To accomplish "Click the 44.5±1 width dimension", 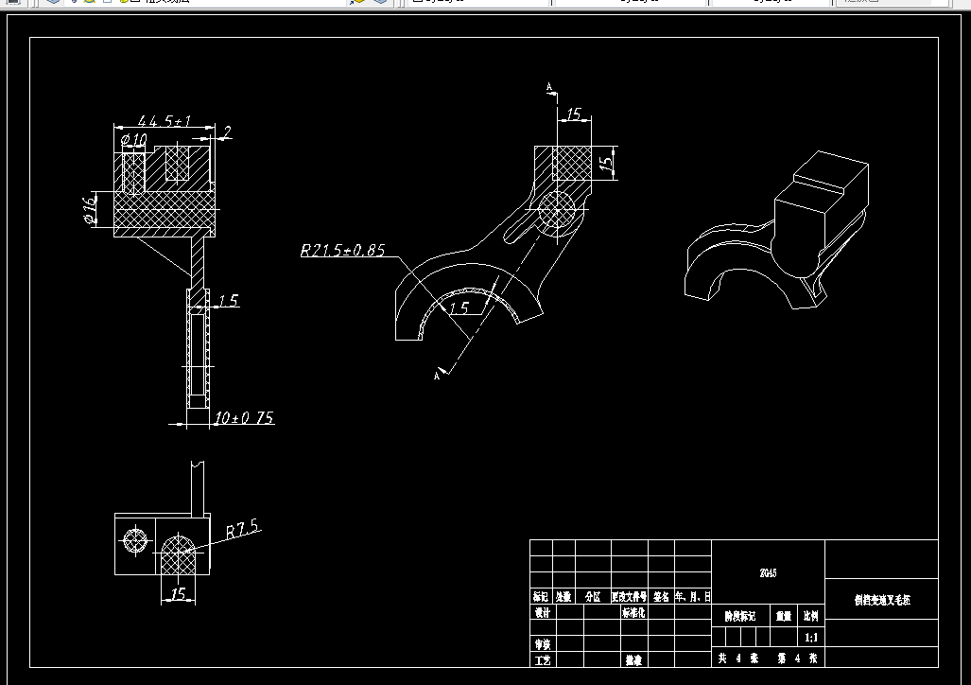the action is click(165, 121).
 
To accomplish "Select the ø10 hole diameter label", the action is click(134, 140).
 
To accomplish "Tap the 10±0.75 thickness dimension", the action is click(244, 417).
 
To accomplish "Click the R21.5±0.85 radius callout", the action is click(342, 251).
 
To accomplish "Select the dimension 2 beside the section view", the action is click(228, 131).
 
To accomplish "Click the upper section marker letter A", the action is click(549, 87).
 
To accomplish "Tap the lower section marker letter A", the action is click(436, 376).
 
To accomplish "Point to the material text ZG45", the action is click(768, 572).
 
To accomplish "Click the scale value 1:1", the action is click(810, 638).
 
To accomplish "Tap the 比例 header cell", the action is click(811, 615).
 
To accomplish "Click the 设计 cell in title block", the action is click(542, 612).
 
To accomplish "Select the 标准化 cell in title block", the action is click(633, 612).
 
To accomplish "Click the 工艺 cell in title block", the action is click(542, 659).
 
